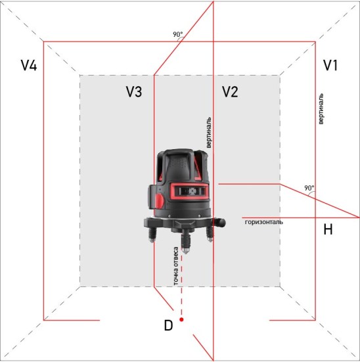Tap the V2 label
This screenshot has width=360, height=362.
coord(229,92)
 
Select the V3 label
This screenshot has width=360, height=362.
coord(134,92)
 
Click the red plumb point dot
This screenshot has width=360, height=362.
coord(181,320)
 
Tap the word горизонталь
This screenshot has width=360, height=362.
coord(264,222)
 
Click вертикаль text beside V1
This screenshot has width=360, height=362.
coord(320,109)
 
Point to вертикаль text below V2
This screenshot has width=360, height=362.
coord(209,133)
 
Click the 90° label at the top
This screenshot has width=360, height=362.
coord(178,35)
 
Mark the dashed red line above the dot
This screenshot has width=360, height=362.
coord(181,289)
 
